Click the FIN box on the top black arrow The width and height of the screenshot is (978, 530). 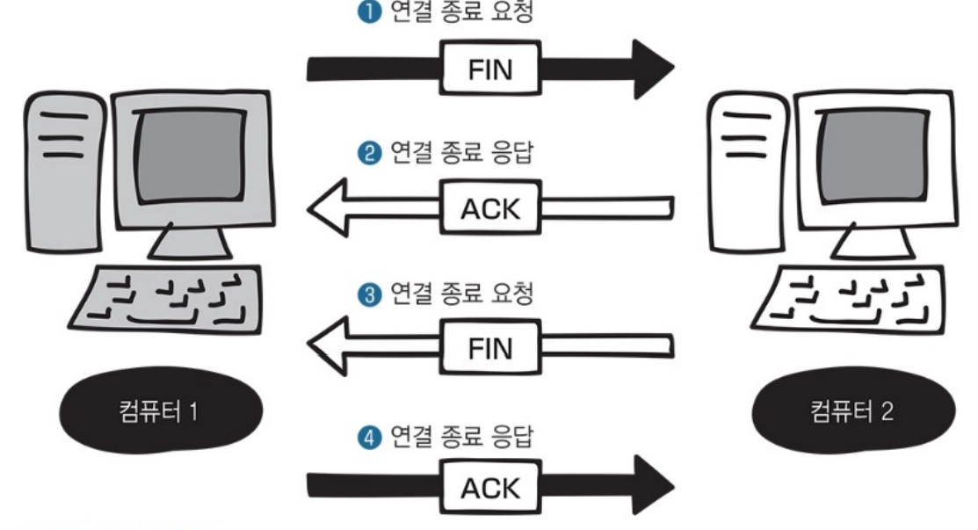(490, 69)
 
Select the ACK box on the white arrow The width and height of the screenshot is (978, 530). (490, 208)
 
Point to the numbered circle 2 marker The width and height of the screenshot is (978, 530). (369, 155)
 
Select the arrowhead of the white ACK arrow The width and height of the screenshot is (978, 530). (330, 208)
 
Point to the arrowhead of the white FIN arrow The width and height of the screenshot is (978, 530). (330, 346)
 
